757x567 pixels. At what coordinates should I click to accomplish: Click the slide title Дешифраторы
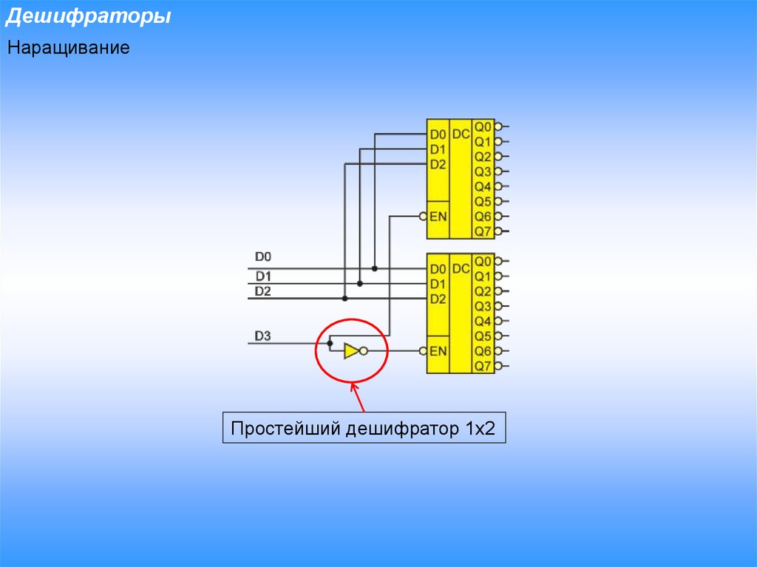point(89,16)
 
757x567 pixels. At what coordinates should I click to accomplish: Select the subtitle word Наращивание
point(69,47)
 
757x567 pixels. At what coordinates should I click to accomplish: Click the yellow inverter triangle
point(351,351)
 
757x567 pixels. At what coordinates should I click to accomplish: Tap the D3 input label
point(262,336)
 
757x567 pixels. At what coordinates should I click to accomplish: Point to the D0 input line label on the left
point(262,257)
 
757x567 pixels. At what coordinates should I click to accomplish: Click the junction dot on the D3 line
point(330,344)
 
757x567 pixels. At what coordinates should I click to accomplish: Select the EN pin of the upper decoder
point(438,217)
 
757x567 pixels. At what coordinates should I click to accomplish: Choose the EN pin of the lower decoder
point(438,351)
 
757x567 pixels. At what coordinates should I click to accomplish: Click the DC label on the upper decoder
point(461,134)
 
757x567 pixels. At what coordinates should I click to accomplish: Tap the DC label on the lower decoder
point(461,268)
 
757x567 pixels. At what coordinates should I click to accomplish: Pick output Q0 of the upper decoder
point(483,126)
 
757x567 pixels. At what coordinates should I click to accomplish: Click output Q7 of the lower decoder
point(483,366)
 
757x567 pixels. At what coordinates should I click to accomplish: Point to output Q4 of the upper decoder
point(483,186)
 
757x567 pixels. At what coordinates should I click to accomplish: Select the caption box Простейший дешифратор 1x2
point(364,427)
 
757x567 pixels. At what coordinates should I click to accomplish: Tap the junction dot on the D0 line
point(375,268)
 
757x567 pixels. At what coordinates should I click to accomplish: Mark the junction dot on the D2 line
point(344,299)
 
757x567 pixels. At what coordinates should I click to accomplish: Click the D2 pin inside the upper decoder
point(438,165)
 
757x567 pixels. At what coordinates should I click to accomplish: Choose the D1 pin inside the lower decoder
point(438,284)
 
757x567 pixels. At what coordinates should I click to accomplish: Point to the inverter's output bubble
point(364,351)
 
